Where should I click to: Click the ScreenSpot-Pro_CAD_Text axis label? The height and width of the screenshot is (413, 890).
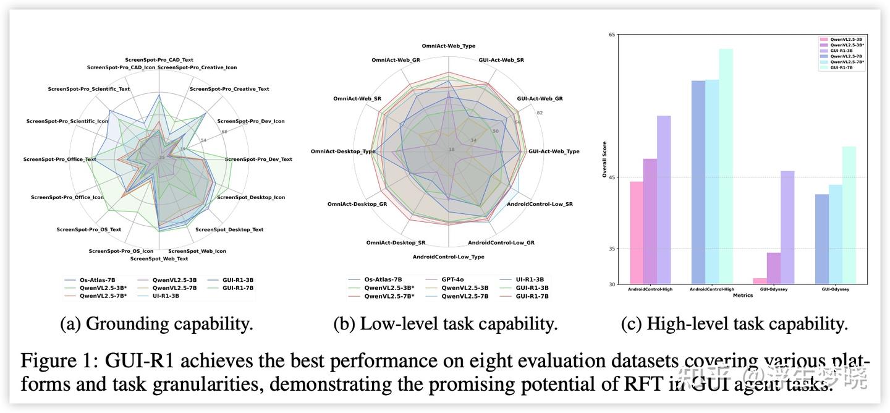coord(159,60)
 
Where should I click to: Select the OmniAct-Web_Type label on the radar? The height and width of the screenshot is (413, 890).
coord(449,46)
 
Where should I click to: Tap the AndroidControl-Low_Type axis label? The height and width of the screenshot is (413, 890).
coord(449,257)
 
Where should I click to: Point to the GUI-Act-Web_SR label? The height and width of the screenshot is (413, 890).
coord(501,60)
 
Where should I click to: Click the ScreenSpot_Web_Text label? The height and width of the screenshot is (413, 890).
coord(159,258)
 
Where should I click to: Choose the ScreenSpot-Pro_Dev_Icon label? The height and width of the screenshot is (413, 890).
coord(251,121)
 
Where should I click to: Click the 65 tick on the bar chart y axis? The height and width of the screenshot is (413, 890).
coord(612,35)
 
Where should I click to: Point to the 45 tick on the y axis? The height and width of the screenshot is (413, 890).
coord(612,178)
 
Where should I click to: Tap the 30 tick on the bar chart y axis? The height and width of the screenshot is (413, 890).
coord(612,284)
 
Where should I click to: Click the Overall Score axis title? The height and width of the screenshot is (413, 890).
coord(605,160)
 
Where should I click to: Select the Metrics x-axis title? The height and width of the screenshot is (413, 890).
coord(742,296)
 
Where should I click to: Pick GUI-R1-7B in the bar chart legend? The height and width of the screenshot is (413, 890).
coord(841,67)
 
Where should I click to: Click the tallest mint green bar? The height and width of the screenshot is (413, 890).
coord(726,166)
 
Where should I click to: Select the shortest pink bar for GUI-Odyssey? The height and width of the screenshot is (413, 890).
coord(760,281)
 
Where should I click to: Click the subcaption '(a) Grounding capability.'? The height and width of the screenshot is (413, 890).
coord(156,324)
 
